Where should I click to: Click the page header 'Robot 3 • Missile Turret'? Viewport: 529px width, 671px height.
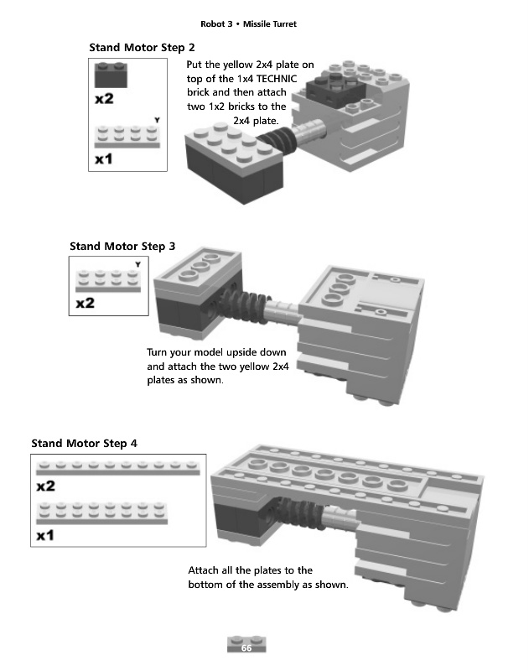point(248,24)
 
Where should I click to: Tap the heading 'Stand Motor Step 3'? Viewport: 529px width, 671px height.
point(122,247)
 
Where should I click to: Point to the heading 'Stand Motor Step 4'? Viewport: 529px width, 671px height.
point(84,443)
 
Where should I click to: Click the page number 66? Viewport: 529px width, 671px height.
point(246,648)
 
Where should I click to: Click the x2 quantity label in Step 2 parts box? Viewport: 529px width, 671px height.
point(104,99)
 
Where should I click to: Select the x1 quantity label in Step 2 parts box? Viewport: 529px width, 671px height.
point(104,159)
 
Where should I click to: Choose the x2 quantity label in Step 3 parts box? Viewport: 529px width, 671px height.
point(85,303)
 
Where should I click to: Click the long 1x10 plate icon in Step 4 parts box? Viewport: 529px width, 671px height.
point(118,468)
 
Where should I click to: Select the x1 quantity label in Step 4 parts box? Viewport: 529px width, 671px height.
point(45,536)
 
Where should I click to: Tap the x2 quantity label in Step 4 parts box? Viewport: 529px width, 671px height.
point(45,486)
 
